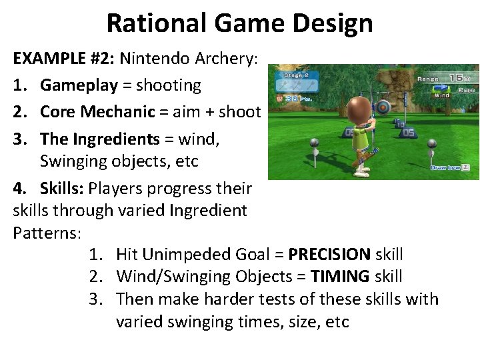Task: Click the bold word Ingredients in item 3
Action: (116, 139)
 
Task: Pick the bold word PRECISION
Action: (329, 254)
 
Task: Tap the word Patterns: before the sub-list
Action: (47, 233)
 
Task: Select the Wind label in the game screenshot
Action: (442, 95)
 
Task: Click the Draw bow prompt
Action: (450, 167)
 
